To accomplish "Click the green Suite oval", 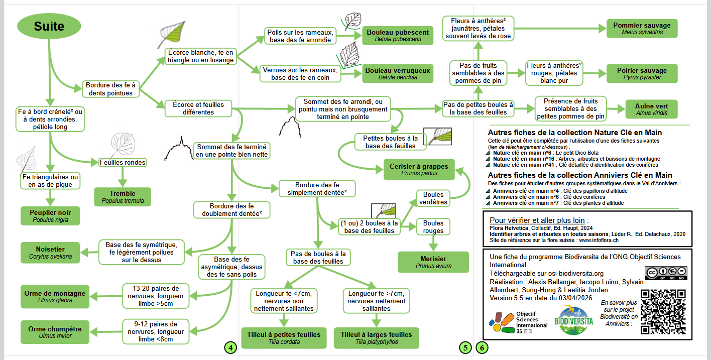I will tap(49, 26).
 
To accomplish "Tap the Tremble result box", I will tap(123, 197).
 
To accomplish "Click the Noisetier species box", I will tap(50, 253).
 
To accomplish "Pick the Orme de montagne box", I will tap(55, 297).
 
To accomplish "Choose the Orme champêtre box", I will tap(55, 332).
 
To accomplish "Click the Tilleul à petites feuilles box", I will tap(284, 338).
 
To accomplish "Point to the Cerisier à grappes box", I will tap(419, 170).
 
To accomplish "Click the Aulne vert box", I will tap(651, 109).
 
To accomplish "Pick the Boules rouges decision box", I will tap(433, 227).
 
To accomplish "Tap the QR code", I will tap(663, 312).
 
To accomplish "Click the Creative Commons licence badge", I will tap(665, 273).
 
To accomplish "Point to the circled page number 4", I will tap(229, 347).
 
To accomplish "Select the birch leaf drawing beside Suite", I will tap(171, 34).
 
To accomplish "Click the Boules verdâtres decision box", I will tap(433, 198).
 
